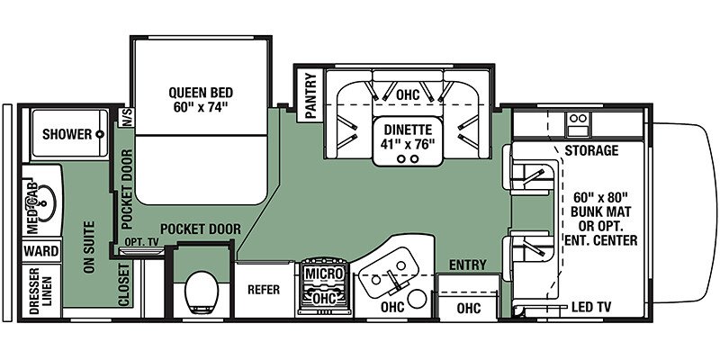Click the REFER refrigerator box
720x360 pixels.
point(265,290)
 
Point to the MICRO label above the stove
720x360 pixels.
point(321,273)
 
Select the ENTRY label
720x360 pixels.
point(467,265)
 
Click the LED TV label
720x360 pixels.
point(593,308)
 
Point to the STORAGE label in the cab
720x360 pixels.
point(591,150)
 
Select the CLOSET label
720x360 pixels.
point(124,285)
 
